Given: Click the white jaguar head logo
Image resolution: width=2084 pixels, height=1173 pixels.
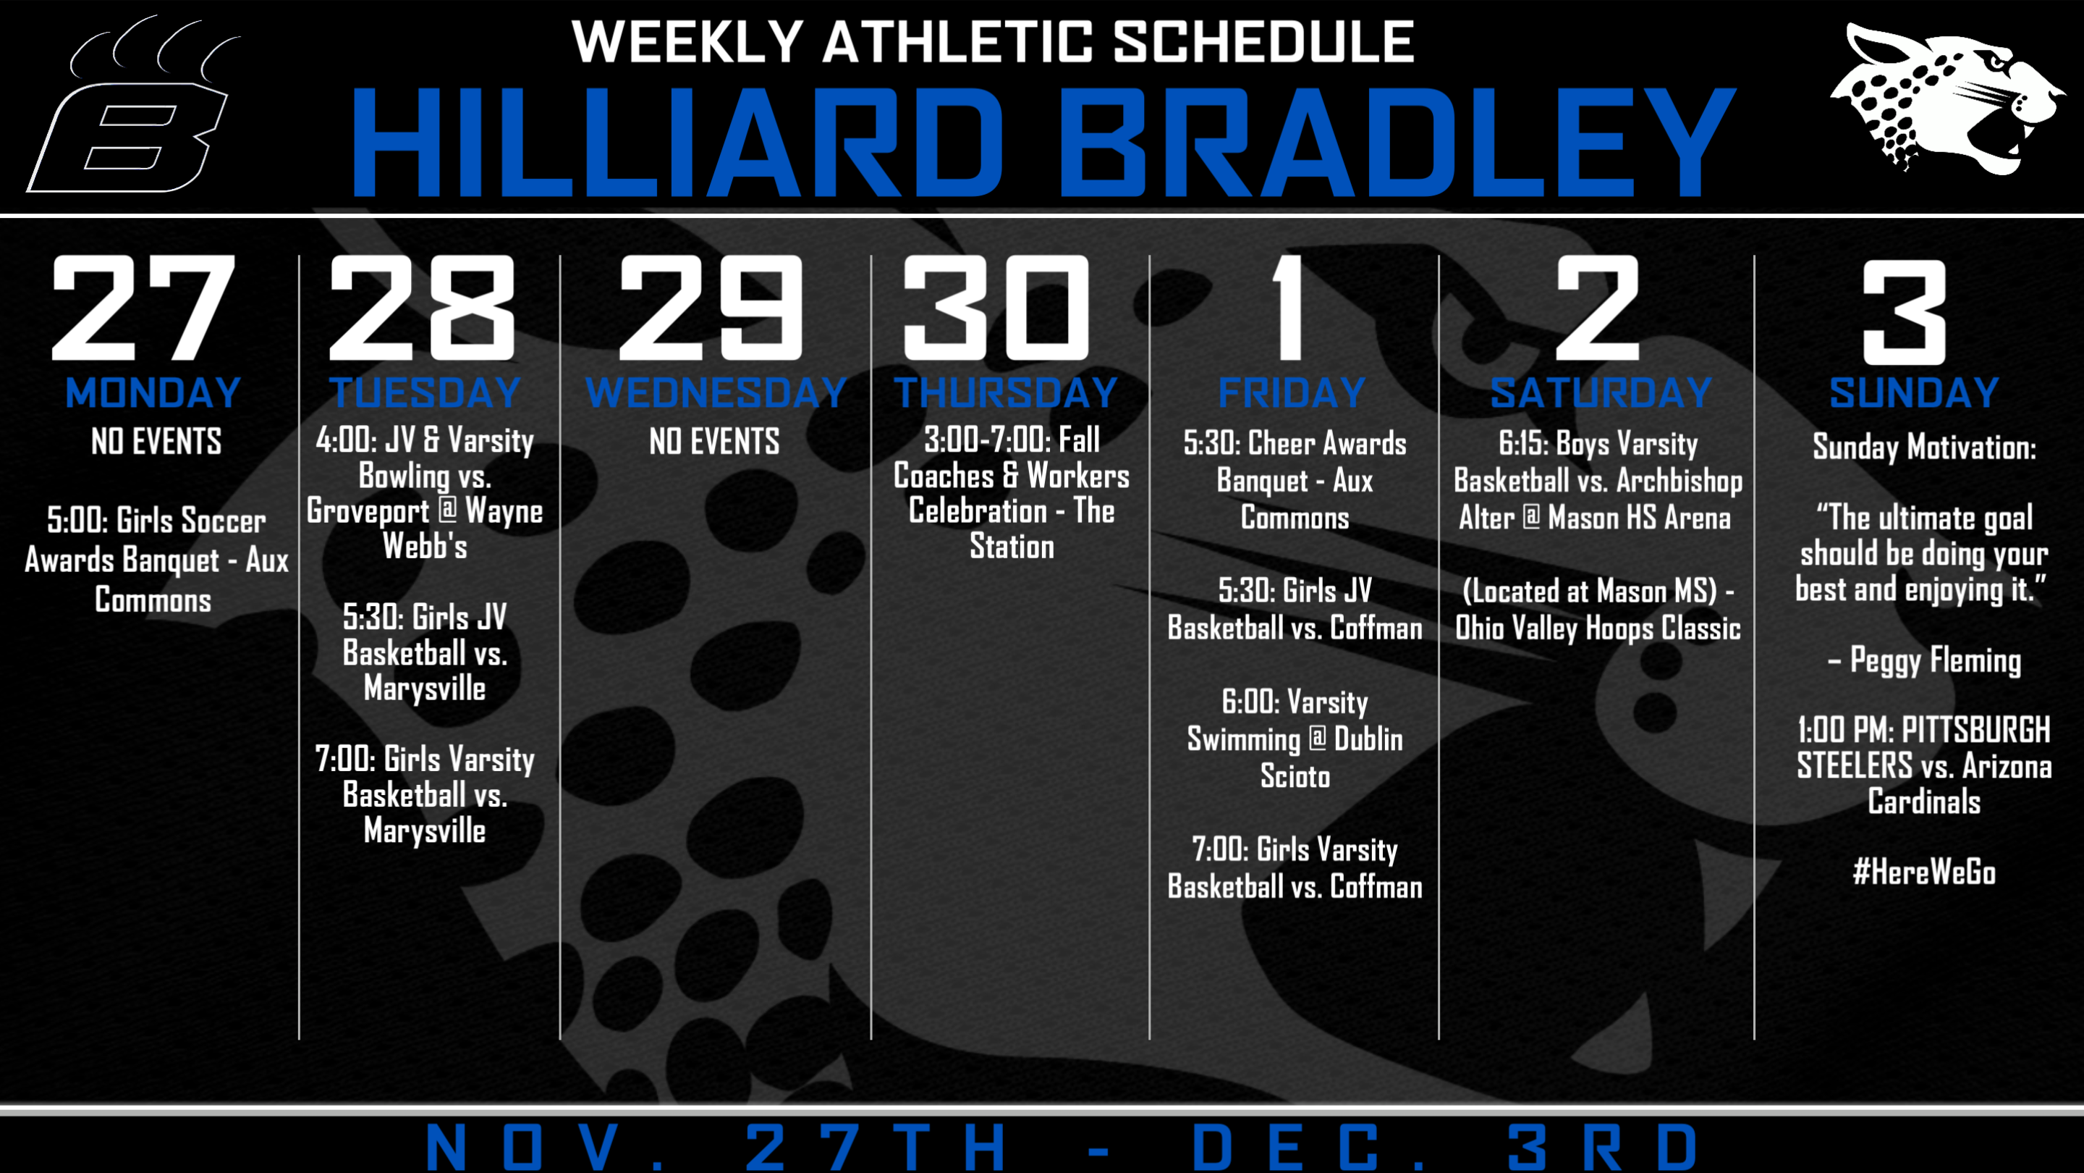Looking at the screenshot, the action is click(1941, 101).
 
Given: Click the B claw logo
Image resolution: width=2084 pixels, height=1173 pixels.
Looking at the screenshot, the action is click(133, 105).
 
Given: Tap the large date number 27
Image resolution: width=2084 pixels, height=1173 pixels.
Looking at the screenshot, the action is click(143, 307).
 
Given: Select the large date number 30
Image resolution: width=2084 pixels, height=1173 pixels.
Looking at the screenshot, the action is click(996, 307).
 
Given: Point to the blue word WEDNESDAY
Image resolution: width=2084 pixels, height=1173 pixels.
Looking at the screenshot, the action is click(716, 392).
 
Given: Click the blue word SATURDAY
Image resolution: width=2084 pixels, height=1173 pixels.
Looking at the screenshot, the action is click(1601, 392).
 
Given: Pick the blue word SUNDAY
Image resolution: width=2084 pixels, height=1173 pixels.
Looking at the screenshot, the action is click(1914, 392).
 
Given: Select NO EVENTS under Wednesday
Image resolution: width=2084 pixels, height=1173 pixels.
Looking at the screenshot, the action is click(714, 442).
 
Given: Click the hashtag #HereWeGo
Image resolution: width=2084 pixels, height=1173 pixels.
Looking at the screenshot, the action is click(1924, 873).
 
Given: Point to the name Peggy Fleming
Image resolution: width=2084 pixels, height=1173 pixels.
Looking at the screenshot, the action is click(1935, 660).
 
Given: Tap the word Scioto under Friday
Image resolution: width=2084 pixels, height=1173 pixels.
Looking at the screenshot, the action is click(1295, 776).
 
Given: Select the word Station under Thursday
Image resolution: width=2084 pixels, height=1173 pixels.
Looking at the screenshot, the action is click(1012, 547).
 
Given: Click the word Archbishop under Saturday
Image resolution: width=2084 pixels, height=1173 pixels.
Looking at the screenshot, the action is click(1680, 481).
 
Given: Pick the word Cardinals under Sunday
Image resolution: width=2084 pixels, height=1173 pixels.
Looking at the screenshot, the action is click(1924, 802).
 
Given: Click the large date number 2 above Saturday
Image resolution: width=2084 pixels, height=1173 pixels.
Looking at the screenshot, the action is click(1598, 307).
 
